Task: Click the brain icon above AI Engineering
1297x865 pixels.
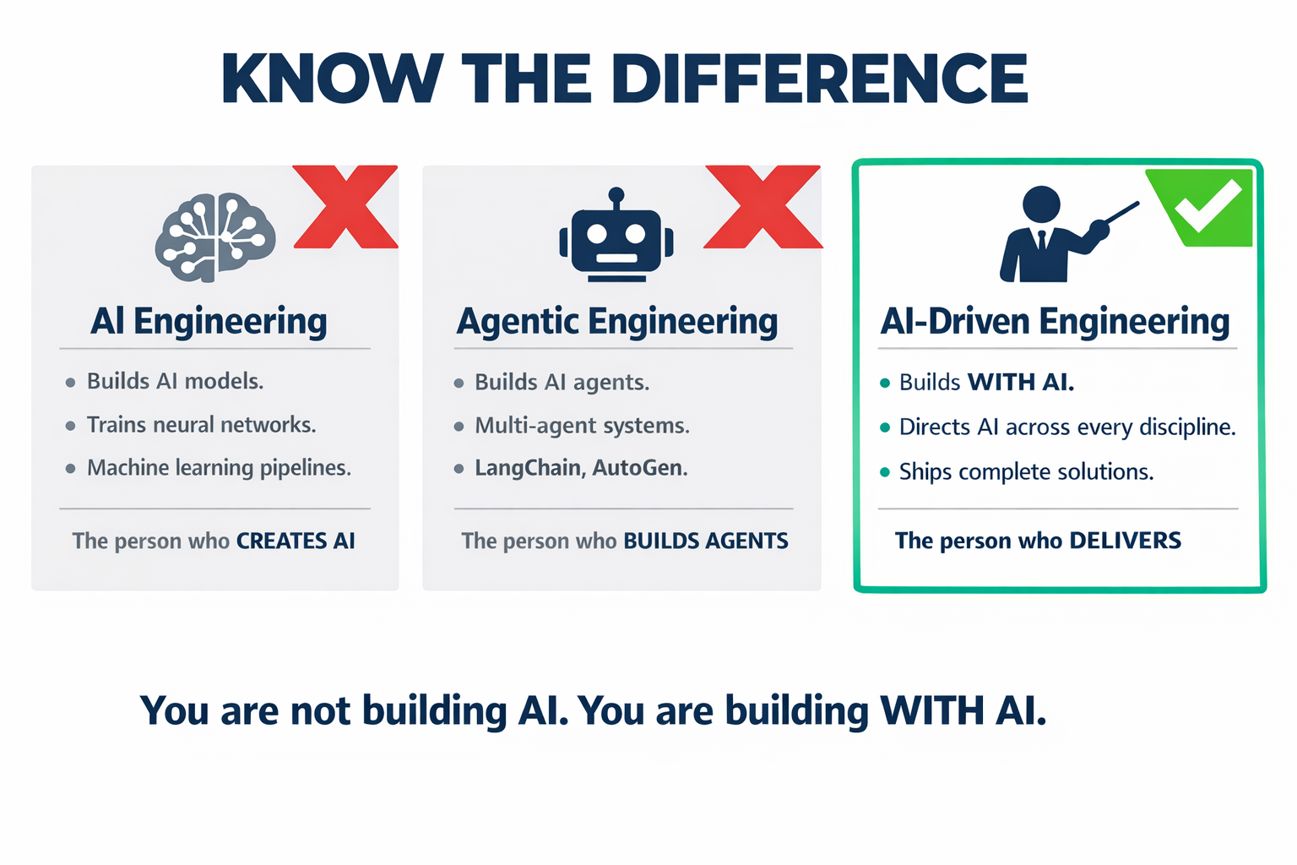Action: [x=215, y=237]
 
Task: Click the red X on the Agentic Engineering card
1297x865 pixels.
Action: [x=762, y=207]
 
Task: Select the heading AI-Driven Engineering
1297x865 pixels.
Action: [x=1055, y=322]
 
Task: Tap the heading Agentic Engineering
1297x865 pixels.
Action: [x=617, y=322]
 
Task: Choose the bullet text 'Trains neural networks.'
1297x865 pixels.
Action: [x=201, y=425]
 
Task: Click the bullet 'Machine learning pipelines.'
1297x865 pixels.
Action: [x=219, y=468]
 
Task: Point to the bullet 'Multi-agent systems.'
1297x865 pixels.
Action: [x=582, y=426]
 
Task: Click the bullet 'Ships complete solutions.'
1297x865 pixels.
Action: [x=1026, y=471]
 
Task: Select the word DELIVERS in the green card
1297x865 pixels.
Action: [x=1125, y=541]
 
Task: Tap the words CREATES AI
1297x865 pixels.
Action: [x=296, y=541]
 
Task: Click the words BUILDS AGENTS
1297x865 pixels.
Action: [x=706, y=541]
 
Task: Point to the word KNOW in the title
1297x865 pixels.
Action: [x=333, y=79]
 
